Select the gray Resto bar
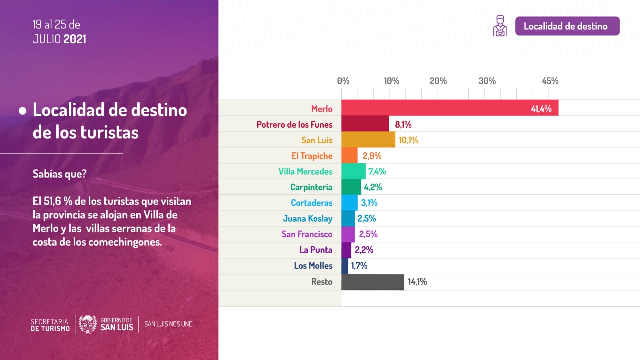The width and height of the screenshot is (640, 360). (x=372, y=282)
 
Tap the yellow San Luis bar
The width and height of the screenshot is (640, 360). (x=368, y=140)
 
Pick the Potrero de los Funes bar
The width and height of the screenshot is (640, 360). (x=365, y=124)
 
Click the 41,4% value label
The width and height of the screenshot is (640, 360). (x=541, y=109)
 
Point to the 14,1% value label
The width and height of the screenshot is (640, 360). (x=417, y=282)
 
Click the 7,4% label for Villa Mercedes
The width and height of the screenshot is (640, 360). (x=377, y=172)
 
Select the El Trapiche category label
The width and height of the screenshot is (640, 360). (x=312, y=156)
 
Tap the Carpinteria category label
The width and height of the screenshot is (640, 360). (x=311, y=188)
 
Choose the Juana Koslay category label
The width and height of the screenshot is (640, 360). (x=307, y=218)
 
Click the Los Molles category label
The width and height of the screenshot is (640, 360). (x=313, y=266)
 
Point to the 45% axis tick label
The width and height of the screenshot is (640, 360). (x=550, y=81)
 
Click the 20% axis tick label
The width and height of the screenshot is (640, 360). (x=438, y=81)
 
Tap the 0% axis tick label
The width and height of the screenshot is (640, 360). (x=343, y=81)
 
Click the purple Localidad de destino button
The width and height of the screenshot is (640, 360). (x=567, y=26)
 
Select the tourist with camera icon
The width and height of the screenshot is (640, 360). (x=500, y=26)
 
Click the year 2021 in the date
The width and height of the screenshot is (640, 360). (x=75, y=39)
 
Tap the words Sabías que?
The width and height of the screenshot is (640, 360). (x=59, y=174)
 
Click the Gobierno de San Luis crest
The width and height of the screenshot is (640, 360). (x=88, y=324)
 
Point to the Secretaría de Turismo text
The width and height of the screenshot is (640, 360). (x=50, y=324)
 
